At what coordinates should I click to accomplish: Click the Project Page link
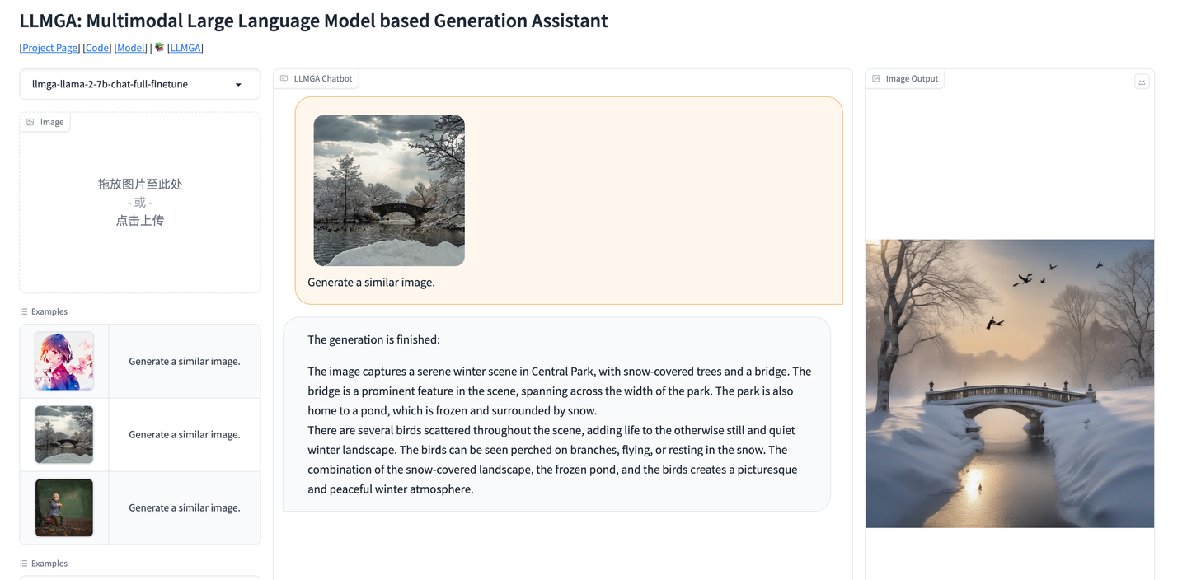[x=49, y=48]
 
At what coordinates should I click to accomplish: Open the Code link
[x=97, y=48]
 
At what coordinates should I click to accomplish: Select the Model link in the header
[x=131, y=48]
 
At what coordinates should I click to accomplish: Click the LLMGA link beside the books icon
[x=185, y=48]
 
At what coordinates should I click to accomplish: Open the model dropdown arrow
[x=238, y=85]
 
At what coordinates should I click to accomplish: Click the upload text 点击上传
[x=140, y=220]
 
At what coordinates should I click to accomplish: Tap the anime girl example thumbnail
[x=64, y=361]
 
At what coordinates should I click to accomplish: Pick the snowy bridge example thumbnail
[x=64, y=434]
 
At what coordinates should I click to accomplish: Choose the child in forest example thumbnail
[x=64, y=507]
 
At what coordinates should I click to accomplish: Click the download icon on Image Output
[x=1142, y=81]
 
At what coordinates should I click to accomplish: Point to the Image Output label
[x=912, y=79]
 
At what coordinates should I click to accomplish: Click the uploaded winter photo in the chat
[x=389, y=190]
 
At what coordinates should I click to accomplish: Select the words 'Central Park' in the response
[x=562, y=372]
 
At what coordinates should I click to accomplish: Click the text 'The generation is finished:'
[x=373, y=339]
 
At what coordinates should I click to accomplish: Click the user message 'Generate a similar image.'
[x=371, y=283]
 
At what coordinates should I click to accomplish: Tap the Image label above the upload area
[x=51, y=122]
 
